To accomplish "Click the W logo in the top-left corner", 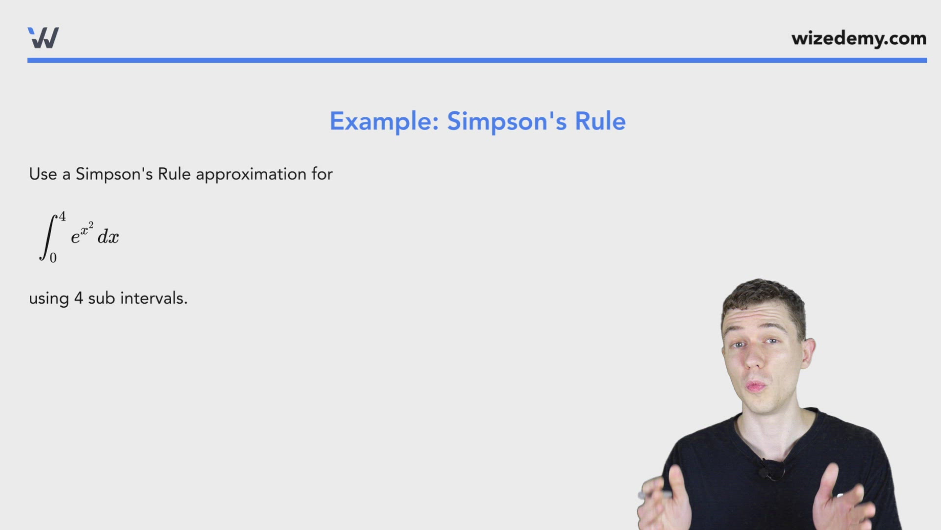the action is tap(43, 38).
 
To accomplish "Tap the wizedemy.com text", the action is tap(859, 38).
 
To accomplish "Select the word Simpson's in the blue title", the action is tap(507, 121).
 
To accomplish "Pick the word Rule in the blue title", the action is tap(600, 121).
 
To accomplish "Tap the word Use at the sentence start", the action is tap(43, 174).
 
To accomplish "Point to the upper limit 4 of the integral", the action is tap(62, 216).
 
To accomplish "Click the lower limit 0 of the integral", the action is tap(53, 258).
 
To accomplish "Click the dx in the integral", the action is tap(108, 237).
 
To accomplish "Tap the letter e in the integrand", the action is tap(75, 238).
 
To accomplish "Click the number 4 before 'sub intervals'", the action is tap(78, 298).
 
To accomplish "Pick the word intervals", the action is tap(154, 298).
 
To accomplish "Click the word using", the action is tap(49, 299).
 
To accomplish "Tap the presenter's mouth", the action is tap(756, 386).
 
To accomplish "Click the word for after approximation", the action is tap(322, 174).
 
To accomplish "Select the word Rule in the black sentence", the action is tap(174, 174).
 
